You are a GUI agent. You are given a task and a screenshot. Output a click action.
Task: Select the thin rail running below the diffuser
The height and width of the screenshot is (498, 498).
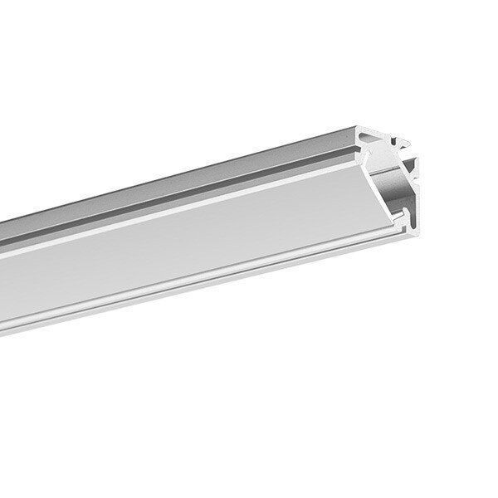click(207, 274)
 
